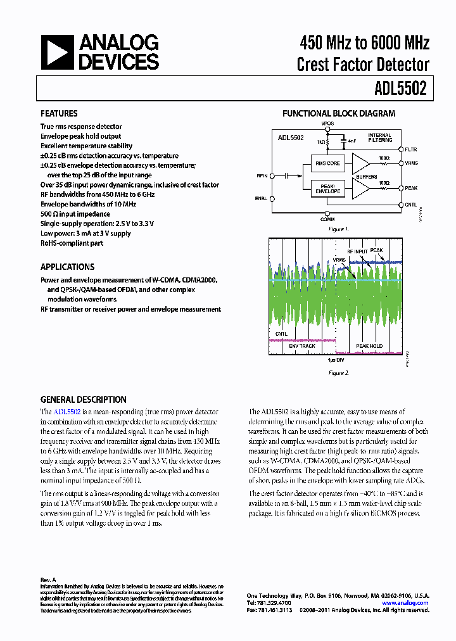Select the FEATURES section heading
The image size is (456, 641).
tap(59, 113)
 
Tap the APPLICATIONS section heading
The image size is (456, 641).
tap(67, 267)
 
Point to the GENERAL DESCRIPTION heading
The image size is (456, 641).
tap(83, 400)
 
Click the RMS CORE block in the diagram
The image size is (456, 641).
tap(327, 163)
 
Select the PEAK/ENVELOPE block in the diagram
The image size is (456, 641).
tap(327, 187)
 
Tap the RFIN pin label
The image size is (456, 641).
tap(262, 175)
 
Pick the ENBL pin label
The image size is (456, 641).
tap(262, 198)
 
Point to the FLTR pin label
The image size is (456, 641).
tap(411, 149)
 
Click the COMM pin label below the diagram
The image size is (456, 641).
tap(327, 219)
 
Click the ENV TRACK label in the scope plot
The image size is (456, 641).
tap(302, 346)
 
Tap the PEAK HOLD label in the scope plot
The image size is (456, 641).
tap(369, 346)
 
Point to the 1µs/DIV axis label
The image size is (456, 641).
tap(337, 359)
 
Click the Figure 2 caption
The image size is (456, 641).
tap(338, 373)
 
